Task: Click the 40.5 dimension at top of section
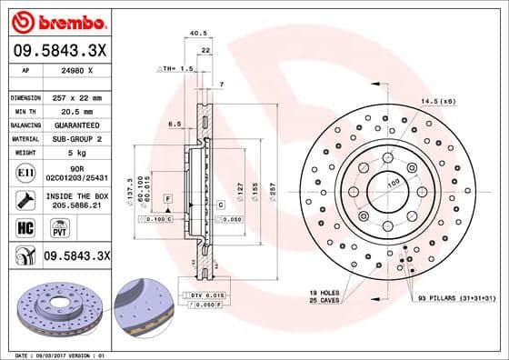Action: coord(195,34)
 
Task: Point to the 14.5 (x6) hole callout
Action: coord(437,102)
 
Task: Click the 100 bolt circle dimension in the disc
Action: coord(394,184)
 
